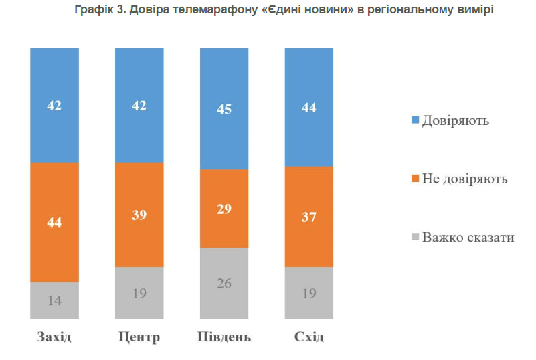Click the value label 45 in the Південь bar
224,109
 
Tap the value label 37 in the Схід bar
309,217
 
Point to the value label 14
54,300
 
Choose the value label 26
224,283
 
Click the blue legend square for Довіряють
415,120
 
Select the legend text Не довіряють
464,179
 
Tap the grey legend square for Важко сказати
415,237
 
